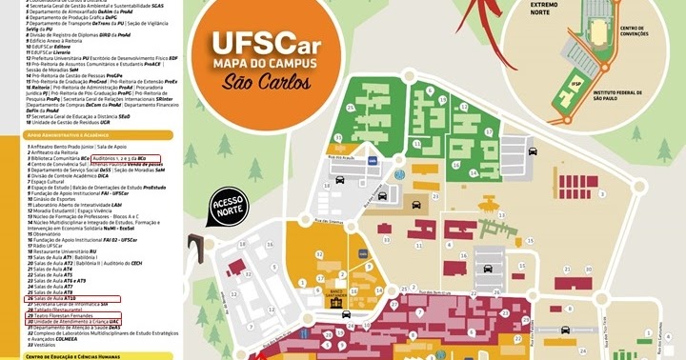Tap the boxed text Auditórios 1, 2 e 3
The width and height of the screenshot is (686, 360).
[x=120, y=158]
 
